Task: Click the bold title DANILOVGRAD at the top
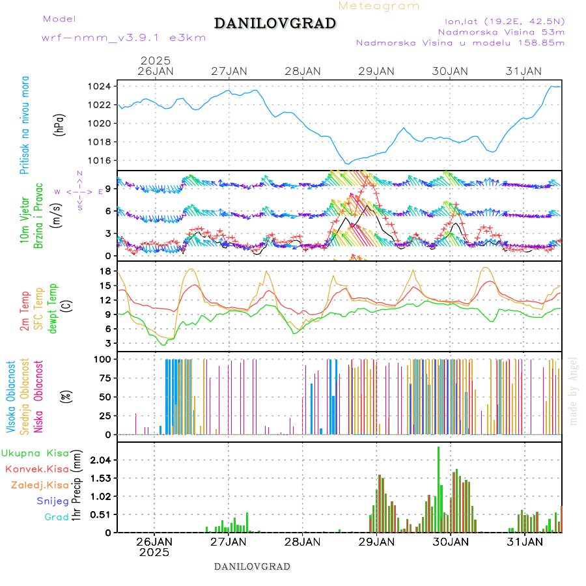(275, 23)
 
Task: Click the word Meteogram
(379, 6)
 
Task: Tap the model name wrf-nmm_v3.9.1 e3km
(124, 38)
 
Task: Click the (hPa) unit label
(59, 124)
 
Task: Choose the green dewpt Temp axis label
(53, 308)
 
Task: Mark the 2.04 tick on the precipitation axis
(100, 460)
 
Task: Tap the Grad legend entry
(57, 517)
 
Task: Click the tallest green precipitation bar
(438, 488)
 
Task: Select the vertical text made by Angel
(574, 391)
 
